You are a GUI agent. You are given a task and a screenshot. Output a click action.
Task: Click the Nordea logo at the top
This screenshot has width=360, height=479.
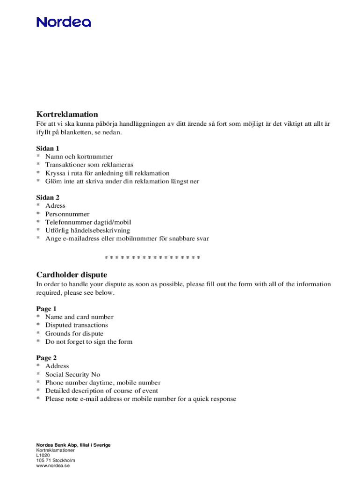[x=64, y=22]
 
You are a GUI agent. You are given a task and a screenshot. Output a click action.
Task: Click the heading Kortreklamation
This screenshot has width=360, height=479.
[x=67, y=114]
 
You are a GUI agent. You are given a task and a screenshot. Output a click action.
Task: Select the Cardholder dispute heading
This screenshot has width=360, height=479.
[x=72, y=275]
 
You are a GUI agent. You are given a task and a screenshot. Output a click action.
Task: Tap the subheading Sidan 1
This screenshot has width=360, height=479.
[x=48, y=148]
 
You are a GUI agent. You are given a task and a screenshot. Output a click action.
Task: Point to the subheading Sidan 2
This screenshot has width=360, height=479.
[x=48, y=197]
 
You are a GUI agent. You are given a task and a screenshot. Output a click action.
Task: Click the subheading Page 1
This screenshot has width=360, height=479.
[x=46, y=309]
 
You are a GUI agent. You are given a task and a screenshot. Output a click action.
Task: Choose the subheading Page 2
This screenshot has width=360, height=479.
[x=46, y=358]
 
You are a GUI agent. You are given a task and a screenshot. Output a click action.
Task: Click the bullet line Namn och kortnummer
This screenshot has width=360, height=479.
[x=79, y=157]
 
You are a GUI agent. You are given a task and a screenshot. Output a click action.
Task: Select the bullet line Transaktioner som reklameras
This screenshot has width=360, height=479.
[x=89, y=165]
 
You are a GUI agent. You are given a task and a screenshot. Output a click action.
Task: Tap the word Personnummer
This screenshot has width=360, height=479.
[x=67, y=214]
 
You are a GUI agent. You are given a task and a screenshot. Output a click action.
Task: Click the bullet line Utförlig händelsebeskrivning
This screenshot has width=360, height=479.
[x=87, y=231]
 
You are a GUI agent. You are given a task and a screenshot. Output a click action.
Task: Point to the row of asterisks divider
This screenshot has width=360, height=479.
[x=152, y=258]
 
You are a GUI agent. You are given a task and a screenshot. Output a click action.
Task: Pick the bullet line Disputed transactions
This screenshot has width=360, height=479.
[x=76, y=325]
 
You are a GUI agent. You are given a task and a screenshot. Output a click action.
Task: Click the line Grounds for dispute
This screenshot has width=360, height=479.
[x=75, y=334]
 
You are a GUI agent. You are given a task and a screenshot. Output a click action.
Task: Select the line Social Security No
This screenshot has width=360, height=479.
[x=72, y=375]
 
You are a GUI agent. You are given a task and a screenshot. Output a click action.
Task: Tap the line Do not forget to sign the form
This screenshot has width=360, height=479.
[x=88, y=342]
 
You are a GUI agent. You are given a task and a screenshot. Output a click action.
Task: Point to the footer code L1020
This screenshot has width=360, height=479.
[x=43, y=455]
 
